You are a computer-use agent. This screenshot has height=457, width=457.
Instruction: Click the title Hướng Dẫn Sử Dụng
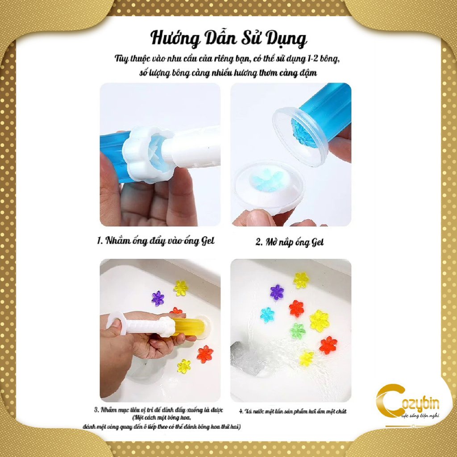pyautogui.click(x=228, y=39)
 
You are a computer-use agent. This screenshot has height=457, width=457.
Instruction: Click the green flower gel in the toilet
pyautogui.click(x=297, y=331)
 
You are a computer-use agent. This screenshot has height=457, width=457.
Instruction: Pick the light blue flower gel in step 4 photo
pyautogui.click(x=267, y=315)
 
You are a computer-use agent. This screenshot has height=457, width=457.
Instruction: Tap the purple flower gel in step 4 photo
pyautogui.click(x=277, y=292)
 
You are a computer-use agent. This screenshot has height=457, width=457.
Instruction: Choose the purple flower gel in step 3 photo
pyautogui.click(x=158, y=298)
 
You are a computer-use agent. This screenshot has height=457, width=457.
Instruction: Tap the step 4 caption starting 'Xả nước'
pyautogui.click(x=293, y=411)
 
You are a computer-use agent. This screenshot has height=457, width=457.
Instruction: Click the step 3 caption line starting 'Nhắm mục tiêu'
pyautogui.click(x=158, y=410)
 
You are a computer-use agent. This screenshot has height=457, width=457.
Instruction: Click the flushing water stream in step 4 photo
pyautogui.click(x=268, y=357)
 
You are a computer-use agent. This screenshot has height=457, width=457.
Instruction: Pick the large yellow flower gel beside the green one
pyautogui.click(x=319, y=320)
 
